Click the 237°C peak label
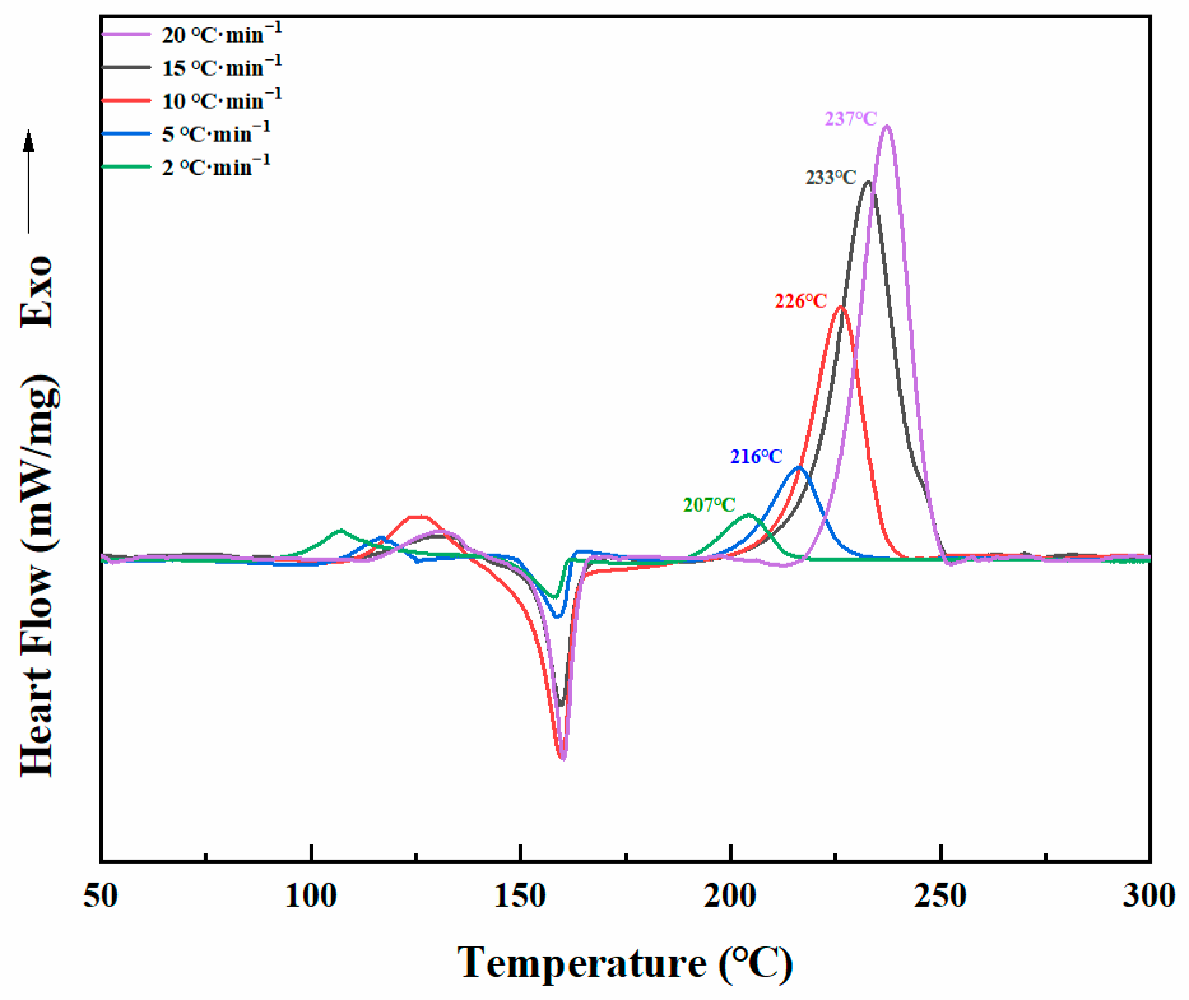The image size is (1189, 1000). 851,119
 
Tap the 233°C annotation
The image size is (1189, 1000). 831,177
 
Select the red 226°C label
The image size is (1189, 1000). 800,301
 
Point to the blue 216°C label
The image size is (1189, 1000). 756,456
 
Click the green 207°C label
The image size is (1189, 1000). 709,505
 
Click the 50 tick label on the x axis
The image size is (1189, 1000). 101,896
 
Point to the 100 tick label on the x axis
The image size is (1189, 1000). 310,896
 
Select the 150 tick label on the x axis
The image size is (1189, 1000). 520,896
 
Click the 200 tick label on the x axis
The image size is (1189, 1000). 730,896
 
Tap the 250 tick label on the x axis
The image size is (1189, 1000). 940,896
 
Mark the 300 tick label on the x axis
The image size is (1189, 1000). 1149,896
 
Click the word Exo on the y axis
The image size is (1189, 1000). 37,292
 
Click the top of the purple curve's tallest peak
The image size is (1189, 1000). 886,126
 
